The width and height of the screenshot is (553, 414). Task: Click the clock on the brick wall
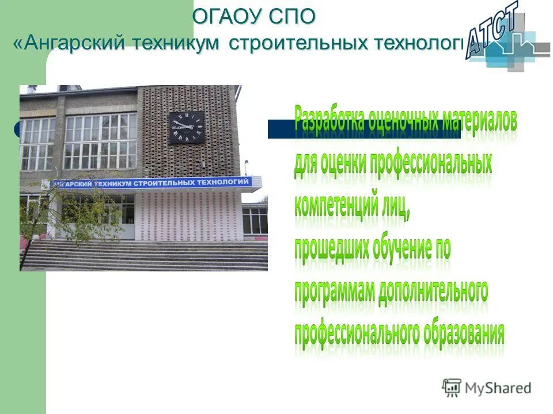pyautogui.click(x=186, y=128)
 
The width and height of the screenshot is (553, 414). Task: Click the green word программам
pyautogui.click(x=334, y=291)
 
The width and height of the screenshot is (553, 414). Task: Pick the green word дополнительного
pyautogui.click(x=433, y=291)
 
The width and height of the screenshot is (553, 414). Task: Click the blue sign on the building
pyautogui.click(x=153, y=183)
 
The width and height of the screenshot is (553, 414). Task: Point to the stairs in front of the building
pyautogui.click(x=144, y=256)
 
